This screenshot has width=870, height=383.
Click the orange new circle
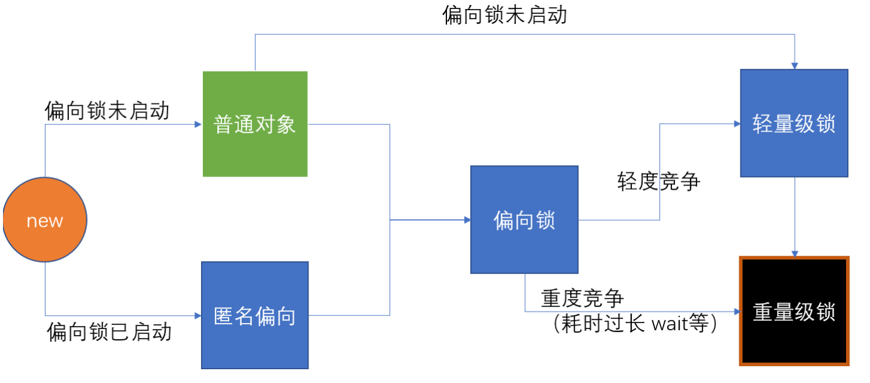(x=45, y=220)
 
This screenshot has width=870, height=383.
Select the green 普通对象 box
(x=255, y=124)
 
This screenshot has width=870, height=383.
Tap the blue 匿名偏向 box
(x=255, y=315)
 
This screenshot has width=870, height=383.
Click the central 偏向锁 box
(x=524, y=220)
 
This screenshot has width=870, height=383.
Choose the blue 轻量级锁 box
(x=794, y=124)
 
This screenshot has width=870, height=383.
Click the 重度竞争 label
(x=583, y=298)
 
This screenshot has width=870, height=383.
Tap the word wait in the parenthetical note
(x=671, y=325)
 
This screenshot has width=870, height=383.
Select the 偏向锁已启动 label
(x=109, y=331)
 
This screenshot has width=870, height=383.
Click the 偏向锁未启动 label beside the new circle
(x=107, y=110)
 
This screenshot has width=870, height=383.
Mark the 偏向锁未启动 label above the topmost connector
(x=505, y=15)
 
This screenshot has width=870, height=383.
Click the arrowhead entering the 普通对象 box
(x=199, y=124)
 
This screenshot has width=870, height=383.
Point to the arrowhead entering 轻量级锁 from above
(x=794, y=65)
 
